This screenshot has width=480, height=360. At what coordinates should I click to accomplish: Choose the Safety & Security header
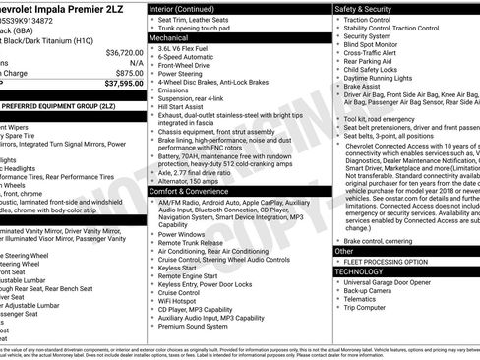[369, 8]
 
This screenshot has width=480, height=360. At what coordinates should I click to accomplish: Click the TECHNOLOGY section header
[359, 270]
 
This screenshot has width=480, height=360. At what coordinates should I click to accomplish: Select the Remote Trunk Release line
[194, 245]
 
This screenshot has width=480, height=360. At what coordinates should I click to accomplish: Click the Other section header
[343, 251]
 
